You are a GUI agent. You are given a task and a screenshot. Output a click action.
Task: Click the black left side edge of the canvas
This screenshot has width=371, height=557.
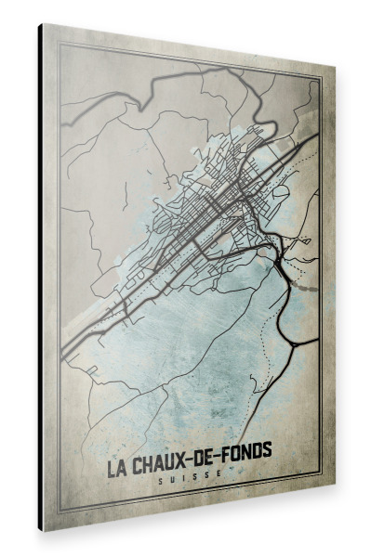point(41,278)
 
